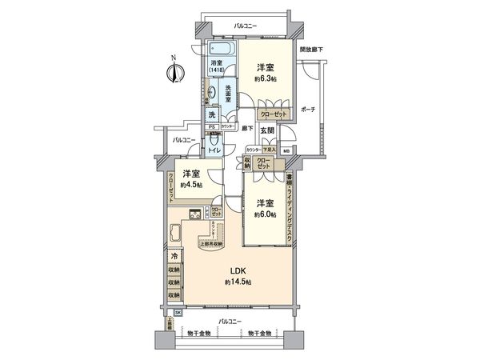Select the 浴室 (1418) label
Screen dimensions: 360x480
coord(218,67)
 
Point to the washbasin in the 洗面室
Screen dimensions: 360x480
coord(211,92)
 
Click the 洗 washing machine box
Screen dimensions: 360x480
coord(212,114)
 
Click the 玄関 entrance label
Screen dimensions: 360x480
coord(266,130)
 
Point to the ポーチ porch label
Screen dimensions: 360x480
coord(307,109)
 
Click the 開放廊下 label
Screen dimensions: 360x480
coord(312,50)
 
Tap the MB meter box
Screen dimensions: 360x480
coord(286,150)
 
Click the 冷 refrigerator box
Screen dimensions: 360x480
coord(174,256)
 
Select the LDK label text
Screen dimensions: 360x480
coord(237,270)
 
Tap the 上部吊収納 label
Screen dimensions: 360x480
coord(212,243)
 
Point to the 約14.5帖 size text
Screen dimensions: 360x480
coord(238,283)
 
